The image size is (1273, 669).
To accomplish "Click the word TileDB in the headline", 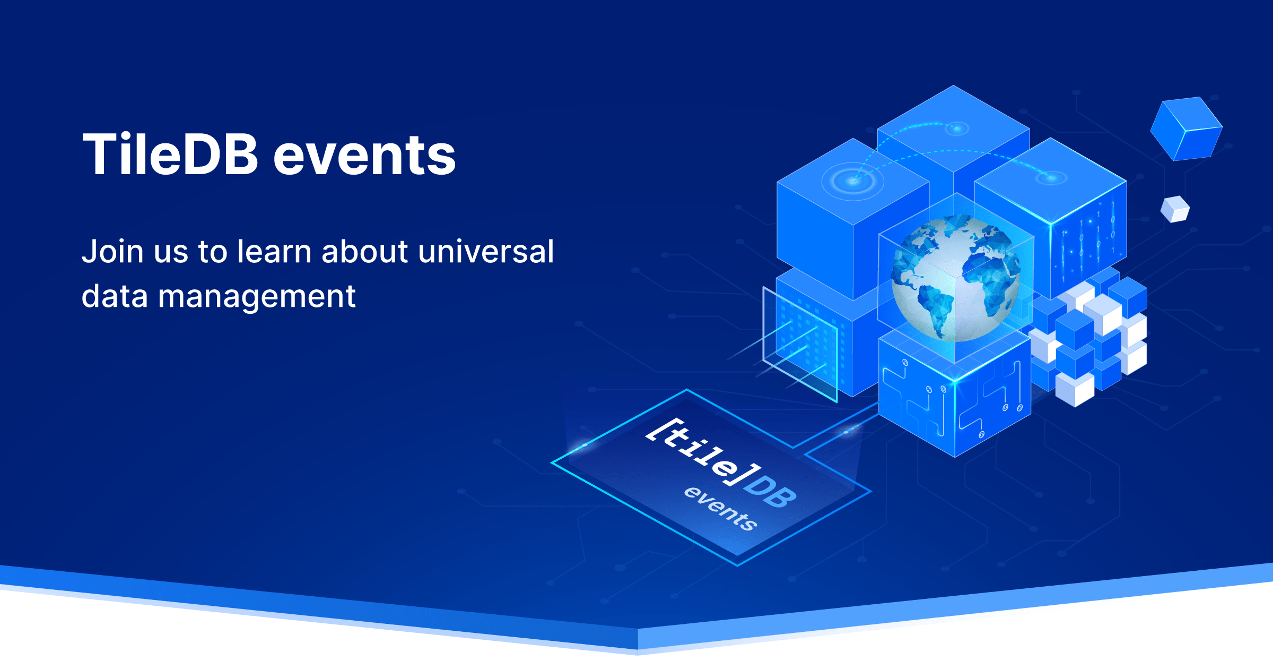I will point(170,155).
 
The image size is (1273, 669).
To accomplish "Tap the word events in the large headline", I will point(364,155).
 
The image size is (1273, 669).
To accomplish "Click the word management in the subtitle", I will point(257,296).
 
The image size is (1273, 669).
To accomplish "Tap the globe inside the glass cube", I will point(955,279).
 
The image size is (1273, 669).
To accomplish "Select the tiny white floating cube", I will point(1175,209).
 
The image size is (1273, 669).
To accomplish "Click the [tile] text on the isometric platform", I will point(703,451).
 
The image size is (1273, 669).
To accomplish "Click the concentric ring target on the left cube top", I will point(852,181).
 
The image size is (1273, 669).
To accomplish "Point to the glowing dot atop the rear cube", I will point(957,128).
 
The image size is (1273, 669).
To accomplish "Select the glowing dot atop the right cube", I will point(1051,178).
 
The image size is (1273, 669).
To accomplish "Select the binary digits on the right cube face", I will point(1087,239).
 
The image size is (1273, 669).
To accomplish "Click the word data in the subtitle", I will point(114,296).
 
